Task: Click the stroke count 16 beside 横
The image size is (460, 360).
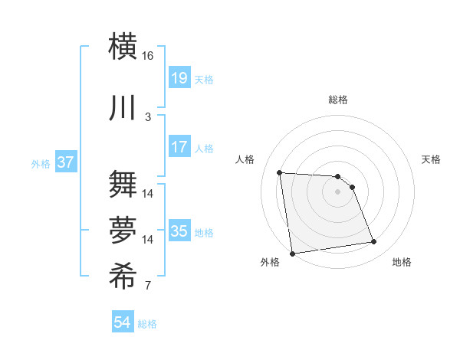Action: pyautogui.click(x=148, y=56)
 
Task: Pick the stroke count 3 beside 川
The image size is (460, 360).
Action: pyautogui.click(x=148, y=116)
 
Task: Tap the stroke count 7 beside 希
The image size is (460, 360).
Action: pyautogui.click(x=148, y=286)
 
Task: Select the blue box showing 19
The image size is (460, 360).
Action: pyautogui.click(x=179, y=77)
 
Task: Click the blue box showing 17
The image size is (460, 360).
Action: pyautogui.click(x=179, y=146)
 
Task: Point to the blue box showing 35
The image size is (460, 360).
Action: pyautogui.click(x=179, y=231)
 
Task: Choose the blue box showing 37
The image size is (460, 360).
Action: pyautogui.click(x=66, y=162)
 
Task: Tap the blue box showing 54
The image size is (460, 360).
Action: pyautogui.click(x=123, y=322)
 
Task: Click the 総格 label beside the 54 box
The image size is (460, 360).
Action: pyautogui.click(x=147, y=324)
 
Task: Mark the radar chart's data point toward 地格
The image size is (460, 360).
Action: pyautogui.click(x=374, y=242)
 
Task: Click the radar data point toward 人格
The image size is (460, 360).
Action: pyautogui.click(x=280, y=172)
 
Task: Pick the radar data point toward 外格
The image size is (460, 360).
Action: pyautogui.click(x=292, y=254)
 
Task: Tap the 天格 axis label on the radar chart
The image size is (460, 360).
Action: pyautogui.click(x=432, y=159)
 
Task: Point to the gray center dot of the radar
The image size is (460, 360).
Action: pyautogui.click(x=337, y=191)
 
